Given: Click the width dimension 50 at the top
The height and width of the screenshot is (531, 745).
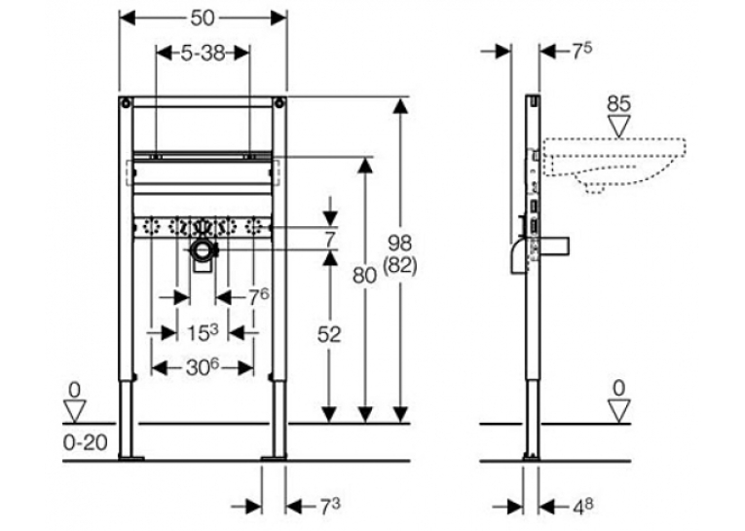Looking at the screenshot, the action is click(x=203, y=19).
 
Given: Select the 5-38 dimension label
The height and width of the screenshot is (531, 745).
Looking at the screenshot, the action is click(x=203, y=53).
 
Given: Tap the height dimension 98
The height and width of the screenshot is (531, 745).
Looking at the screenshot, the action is click(x=399, y=244).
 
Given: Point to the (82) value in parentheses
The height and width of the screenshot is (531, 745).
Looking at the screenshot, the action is click(x=400, y=266).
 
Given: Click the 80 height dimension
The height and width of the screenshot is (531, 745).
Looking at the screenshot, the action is click(x=365, y=276).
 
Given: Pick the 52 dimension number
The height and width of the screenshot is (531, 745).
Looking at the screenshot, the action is click(x=329, y=334).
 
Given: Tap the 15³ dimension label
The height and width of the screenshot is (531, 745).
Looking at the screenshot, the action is click(x=202, y=333).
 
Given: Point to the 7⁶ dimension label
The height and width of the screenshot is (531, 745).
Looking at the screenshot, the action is click(x=259, y=297).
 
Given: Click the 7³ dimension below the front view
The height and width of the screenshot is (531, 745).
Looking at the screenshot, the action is click(x=330, y=507).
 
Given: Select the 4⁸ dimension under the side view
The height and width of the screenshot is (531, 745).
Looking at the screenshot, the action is click(x=583, y=507).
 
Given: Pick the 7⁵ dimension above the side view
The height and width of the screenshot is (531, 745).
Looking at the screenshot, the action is click(x=582, y=52).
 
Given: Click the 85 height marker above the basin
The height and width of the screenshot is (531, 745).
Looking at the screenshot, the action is click(x=618, y=104).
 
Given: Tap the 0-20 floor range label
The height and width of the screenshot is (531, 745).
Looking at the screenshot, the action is click(x=86, y=443).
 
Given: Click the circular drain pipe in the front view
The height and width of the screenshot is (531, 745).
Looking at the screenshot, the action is click(x=204, y=250).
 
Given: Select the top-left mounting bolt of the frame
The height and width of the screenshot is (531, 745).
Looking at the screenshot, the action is click(x=125, y=102).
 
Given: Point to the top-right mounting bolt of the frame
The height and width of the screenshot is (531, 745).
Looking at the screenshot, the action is click(x=279, y=102).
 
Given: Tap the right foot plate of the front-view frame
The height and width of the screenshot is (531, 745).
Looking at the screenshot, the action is click(x=274, y=458).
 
